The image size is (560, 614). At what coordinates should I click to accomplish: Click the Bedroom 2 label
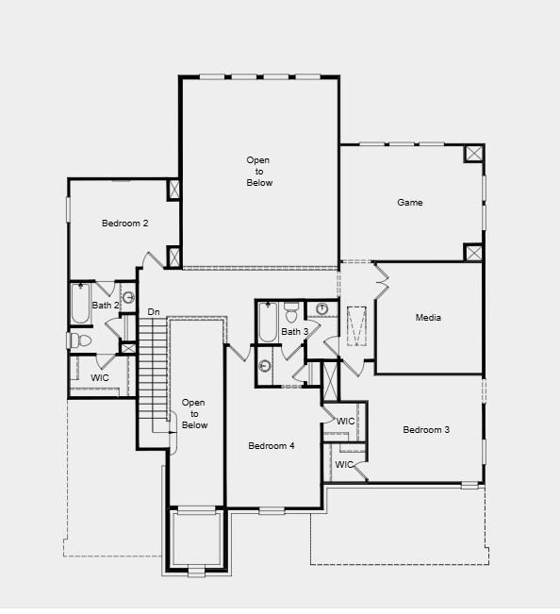click(125, 224)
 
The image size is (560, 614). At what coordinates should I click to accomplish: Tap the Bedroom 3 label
click(426, 430)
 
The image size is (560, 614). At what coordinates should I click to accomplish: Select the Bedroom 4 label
click(272, 445)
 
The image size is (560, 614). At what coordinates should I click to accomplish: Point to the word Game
click(410, 203)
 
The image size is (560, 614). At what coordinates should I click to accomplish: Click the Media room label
click(428, 318)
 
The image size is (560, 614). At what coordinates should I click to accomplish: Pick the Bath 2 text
click(105, 306)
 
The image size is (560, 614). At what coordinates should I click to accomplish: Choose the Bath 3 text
click(294, 332)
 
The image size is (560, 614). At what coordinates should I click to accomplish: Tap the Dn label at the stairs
click(154, 312)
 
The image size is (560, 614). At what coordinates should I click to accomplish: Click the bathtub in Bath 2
click(81, 304)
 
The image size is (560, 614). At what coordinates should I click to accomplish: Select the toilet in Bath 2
click(79, 340)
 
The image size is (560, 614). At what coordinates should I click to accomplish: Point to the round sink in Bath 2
click(128, 298)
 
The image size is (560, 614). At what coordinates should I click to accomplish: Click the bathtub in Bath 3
click(268, 323)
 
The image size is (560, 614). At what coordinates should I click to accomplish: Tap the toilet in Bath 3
click(291, 311)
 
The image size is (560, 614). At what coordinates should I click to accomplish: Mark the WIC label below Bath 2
click(100, 377)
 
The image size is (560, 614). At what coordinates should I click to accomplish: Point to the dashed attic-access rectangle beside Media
click(357, 326)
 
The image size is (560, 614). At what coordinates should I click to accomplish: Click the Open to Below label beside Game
click(259, 172)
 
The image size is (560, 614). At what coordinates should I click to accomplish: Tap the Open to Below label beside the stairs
click(195, 414)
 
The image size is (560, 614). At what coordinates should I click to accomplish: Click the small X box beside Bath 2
click(128, 348)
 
